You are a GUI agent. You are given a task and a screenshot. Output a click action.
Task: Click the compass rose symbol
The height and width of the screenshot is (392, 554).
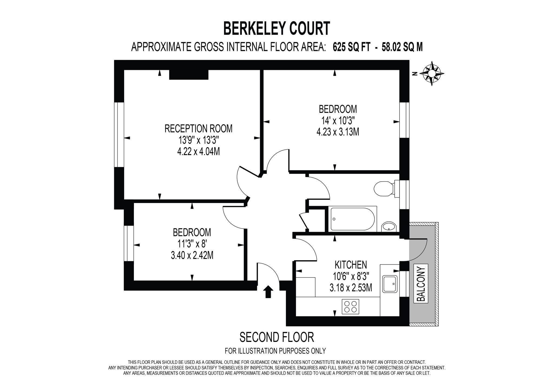coord(432,74)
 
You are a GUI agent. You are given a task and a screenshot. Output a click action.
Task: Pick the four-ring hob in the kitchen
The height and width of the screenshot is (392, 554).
coord(351,306)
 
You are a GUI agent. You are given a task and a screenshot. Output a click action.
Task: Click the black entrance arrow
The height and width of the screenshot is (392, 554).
coord(268,292)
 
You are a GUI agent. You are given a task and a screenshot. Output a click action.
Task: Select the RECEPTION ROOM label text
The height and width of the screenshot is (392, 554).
coord(198,128)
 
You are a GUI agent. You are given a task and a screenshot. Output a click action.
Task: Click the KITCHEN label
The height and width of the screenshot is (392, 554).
coord(351,264)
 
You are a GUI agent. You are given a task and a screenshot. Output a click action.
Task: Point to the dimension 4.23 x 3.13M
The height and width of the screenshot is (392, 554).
coord(338,132)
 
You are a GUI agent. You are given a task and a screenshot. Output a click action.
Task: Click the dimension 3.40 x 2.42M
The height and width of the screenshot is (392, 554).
coord(192,255)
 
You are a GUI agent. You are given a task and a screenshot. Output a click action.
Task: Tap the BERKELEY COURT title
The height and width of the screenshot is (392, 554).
coord(277,29)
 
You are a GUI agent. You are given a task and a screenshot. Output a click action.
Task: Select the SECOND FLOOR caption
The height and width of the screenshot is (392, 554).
coord(276,337)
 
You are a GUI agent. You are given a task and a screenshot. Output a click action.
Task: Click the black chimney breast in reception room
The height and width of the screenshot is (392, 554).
coord(189,75)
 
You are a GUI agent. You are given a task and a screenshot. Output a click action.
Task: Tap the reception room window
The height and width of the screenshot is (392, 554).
coord(119,135)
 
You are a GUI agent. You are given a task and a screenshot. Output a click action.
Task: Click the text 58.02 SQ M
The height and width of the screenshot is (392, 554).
coord(402,47)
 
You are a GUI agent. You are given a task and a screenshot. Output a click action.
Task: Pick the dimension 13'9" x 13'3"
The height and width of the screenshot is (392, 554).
coord(198,140)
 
